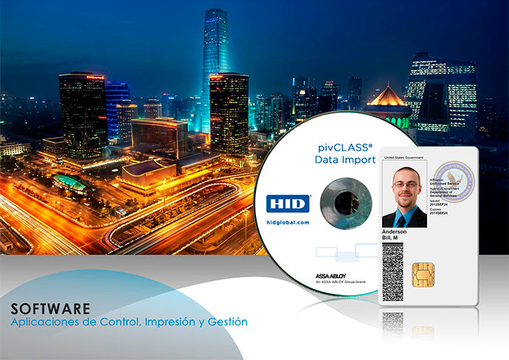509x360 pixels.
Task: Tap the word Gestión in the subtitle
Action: click(x=228, y=322)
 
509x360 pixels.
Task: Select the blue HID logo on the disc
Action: click(x=288, y=204)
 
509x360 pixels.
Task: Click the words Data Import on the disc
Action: click(x=344, y=159)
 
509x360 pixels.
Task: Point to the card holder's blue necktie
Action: click(x=405, y=217)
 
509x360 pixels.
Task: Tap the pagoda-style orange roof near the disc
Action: click(x=388, y=97)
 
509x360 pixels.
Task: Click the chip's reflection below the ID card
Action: click(x=423, y=332)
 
